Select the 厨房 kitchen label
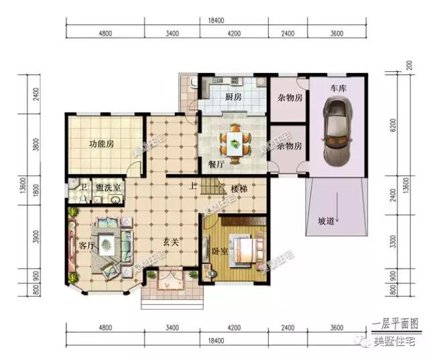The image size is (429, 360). point(233,97)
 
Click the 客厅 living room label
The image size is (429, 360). point(85,245)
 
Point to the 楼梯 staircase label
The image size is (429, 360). point(239,189)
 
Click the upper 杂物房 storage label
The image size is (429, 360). point(289,98)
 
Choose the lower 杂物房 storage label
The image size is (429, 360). point(289,145)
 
